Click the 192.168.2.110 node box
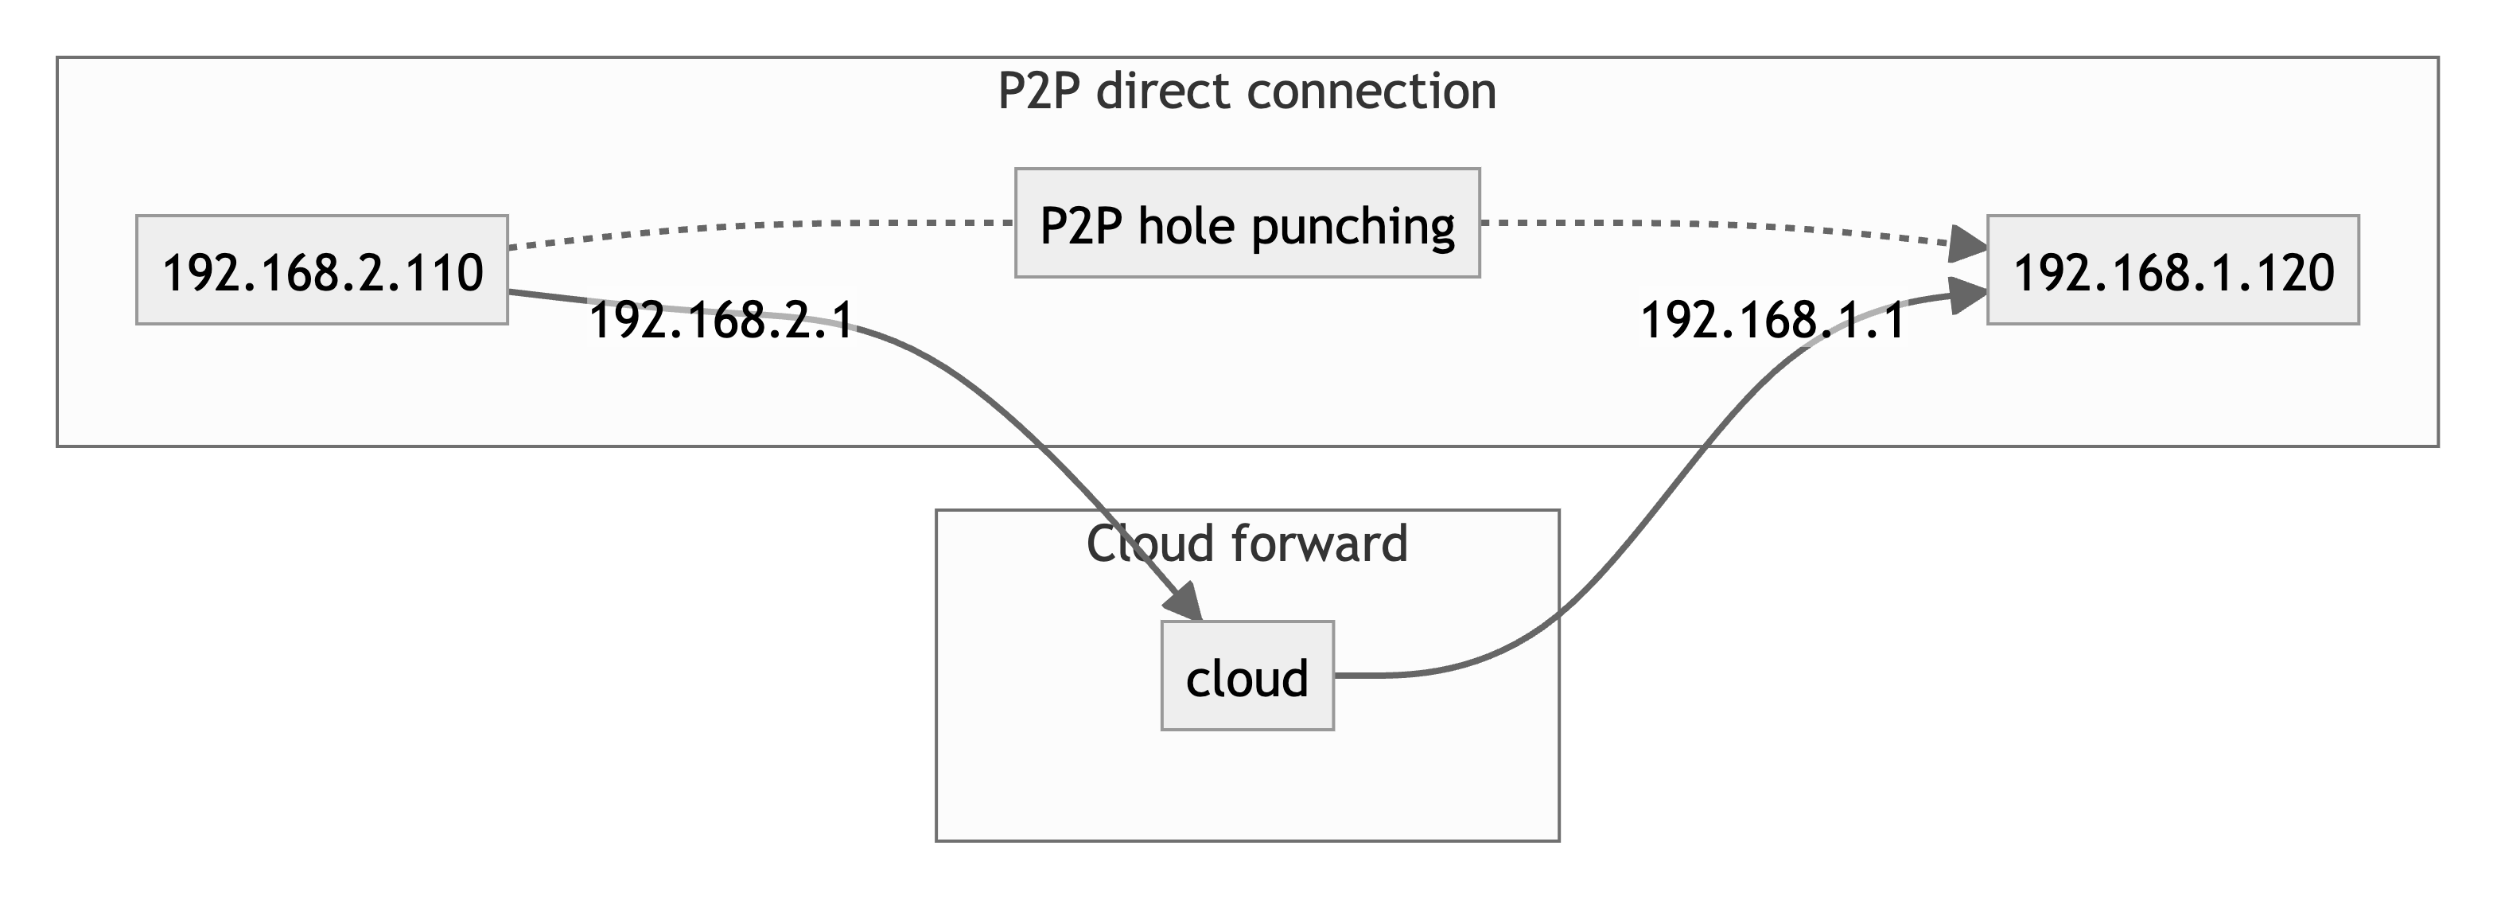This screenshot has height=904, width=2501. (x=321, y=270)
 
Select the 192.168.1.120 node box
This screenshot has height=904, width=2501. (x=2172, y=270)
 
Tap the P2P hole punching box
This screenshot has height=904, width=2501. (x=1247, y=224)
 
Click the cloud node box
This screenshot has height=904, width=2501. (x=1247, y=676)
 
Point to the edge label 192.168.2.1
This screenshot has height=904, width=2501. (x=722, y=321)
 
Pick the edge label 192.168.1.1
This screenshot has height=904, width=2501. (x=1772, y=321)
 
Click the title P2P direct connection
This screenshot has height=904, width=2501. (x=1247, y=92)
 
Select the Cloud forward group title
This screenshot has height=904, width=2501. (x=1247, y=544)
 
